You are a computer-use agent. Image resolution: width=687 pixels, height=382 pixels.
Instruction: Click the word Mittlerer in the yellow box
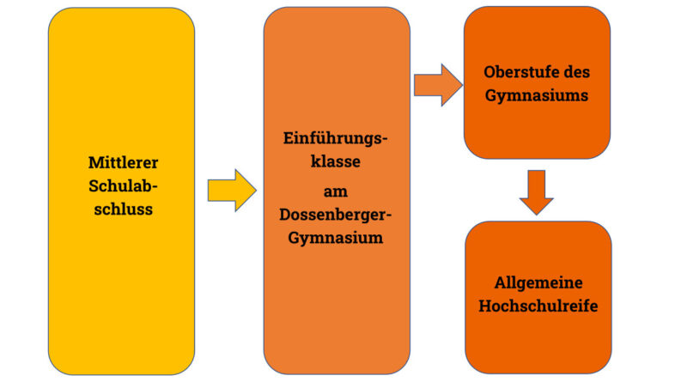coord(124,162)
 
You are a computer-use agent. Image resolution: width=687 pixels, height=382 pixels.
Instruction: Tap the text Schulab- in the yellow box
coord(124,185)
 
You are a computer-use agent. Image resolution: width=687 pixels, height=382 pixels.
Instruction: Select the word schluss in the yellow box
coord(124,209)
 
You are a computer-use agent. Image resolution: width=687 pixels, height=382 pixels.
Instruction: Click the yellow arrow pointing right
coord(232,189)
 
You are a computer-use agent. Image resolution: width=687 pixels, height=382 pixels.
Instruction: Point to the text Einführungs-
coord(336,138)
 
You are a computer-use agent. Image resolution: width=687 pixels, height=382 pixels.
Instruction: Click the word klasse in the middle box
coord(336,161)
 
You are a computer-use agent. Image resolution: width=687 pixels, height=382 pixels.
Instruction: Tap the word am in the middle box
coord(336,191)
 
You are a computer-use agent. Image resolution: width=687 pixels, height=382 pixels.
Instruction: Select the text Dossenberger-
coord(336,215)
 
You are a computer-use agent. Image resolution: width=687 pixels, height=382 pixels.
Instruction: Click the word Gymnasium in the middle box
coord(336,239)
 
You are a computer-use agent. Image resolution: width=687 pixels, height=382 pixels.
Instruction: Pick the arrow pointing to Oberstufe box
coord(438,84)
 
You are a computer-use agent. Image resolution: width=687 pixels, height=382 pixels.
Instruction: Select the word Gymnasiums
coord(537,95)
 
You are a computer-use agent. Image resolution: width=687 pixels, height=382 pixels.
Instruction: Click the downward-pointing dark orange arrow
coord(537,191)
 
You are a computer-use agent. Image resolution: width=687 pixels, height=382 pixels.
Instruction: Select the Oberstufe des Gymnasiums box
coord(537,129)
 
